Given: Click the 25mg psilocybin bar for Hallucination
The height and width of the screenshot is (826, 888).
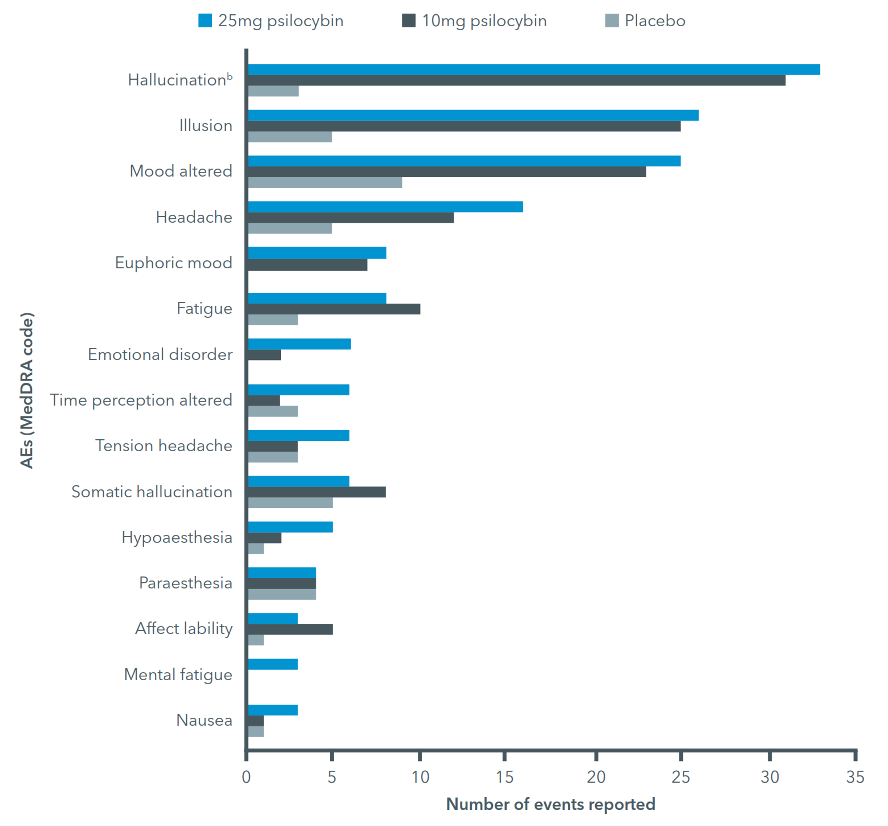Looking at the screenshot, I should coord(534,69).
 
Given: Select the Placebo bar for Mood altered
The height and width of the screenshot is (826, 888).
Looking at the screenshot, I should coord(325,182).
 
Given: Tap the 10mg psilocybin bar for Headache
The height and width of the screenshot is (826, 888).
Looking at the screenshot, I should coord(351,218).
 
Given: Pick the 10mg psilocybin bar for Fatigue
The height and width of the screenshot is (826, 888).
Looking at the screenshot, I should coord(334,309).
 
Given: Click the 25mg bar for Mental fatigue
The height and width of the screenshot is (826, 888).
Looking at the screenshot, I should coord(273,664).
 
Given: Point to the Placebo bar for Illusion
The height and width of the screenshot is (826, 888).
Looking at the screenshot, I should coord(290,137).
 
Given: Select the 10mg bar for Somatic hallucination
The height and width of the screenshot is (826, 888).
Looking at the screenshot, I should coord(317,492).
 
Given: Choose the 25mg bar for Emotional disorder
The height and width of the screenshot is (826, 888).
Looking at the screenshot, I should coord(299,344).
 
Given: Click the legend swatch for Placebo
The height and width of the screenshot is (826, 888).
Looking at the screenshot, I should coord(612,21).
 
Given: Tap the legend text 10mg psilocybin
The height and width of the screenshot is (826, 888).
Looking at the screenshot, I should coord(484,21).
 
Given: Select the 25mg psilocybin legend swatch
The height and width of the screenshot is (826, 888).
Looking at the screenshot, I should coord(205,21).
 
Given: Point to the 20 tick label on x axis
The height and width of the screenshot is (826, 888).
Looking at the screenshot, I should coord(596,777).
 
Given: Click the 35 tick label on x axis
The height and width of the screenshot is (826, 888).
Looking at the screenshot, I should coord(855,777).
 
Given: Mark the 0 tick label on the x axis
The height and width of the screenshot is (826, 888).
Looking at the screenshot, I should coord(246,777).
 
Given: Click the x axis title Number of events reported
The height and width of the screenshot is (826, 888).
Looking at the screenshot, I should coord(551,804).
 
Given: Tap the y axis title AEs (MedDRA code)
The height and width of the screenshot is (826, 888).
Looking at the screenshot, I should coord(27,390).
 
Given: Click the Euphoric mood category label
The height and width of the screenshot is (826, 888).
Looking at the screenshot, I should coord(174,263).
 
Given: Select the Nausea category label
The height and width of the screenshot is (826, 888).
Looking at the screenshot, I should coord(204,720).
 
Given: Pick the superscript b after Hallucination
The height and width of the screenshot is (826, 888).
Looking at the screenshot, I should coord(230,76).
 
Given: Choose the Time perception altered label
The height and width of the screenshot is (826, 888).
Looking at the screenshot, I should coord(141,400).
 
